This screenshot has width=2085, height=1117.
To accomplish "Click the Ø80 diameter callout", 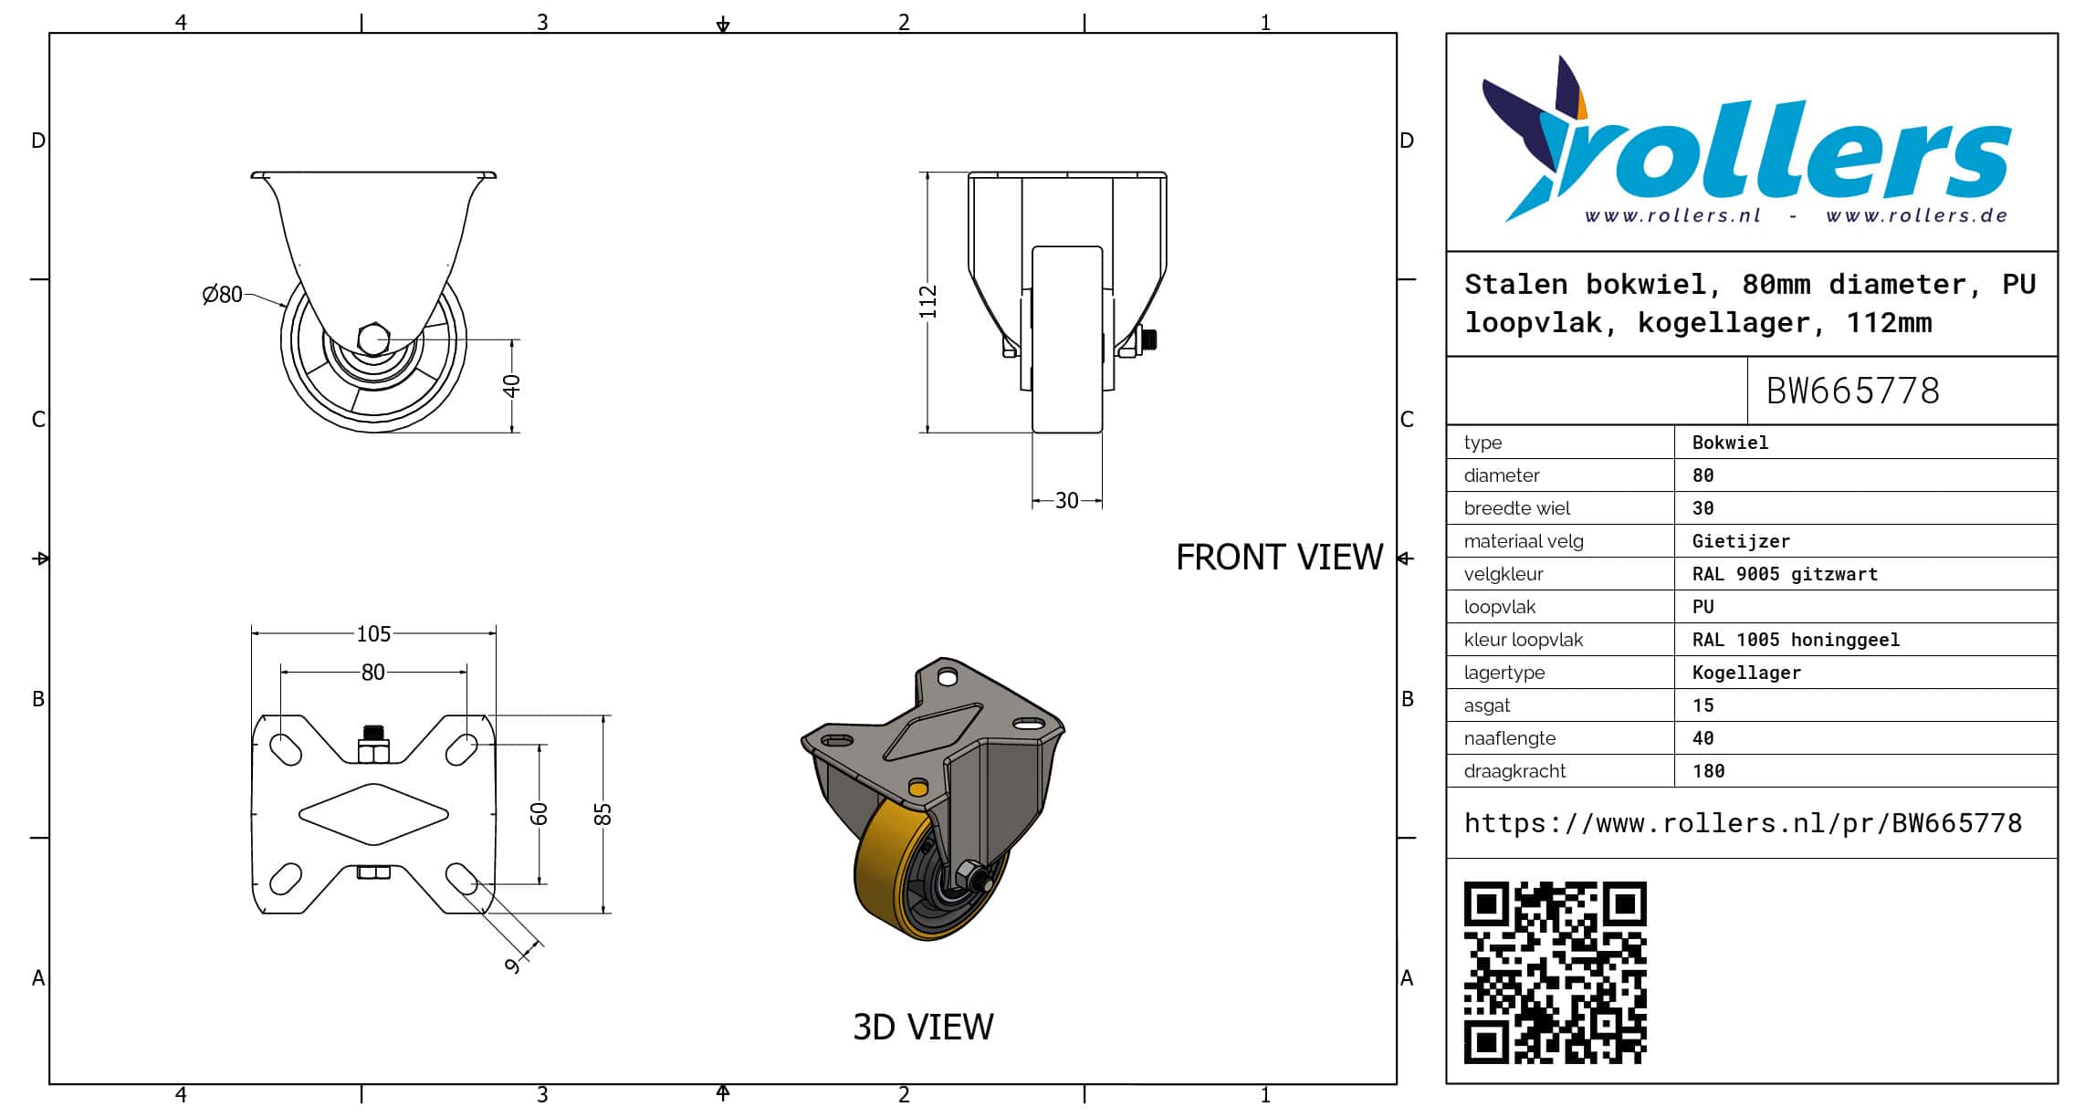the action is click(x=222, y=294).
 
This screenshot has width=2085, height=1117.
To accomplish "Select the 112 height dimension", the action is click(x=927, y=302).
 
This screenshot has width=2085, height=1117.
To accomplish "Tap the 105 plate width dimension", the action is click(x=373, y=633).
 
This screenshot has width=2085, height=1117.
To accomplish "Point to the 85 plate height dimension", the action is click(x=602, y=814).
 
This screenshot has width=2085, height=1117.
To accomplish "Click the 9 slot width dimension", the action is click(x=513, y=964).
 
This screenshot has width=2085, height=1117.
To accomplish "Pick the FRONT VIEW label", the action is click(x=1279, y=557).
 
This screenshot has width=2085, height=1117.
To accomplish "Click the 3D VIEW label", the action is click(x=923, y=1027).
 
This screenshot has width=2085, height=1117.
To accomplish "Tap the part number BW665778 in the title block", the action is click(x=1852, y=391).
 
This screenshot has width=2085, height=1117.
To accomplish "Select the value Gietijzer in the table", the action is click(x=1741, y=541).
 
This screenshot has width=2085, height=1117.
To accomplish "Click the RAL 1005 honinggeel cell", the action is click(x=1796, y=640).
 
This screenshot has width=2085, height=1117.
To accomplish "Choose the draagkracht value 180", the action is click(x=1708, y=771).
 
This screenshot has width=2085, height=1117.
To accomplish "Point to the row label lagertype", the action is click(x=1504, y=673).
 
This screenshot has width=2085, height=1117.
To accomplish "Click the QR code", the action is click(x=1555, y=972).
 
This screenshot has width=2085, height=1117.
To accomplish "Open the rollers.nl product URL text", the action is click(x=1743, y=823).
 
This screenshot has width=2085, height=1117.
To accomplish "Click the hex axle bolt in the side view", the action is click(x=372, y=339).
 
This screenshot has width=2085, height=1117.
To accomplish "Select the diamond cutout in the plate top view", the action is click(x=373, y=814).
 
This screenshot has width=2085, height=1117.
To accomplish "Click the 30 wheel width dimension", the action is click(x=1066, y=500).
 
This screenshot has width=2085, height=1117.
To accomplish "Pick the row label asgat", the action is click(x=1487, y=705).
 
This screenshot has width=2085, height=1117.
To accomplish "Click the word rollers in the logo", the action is click(x=1780, y=151).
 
